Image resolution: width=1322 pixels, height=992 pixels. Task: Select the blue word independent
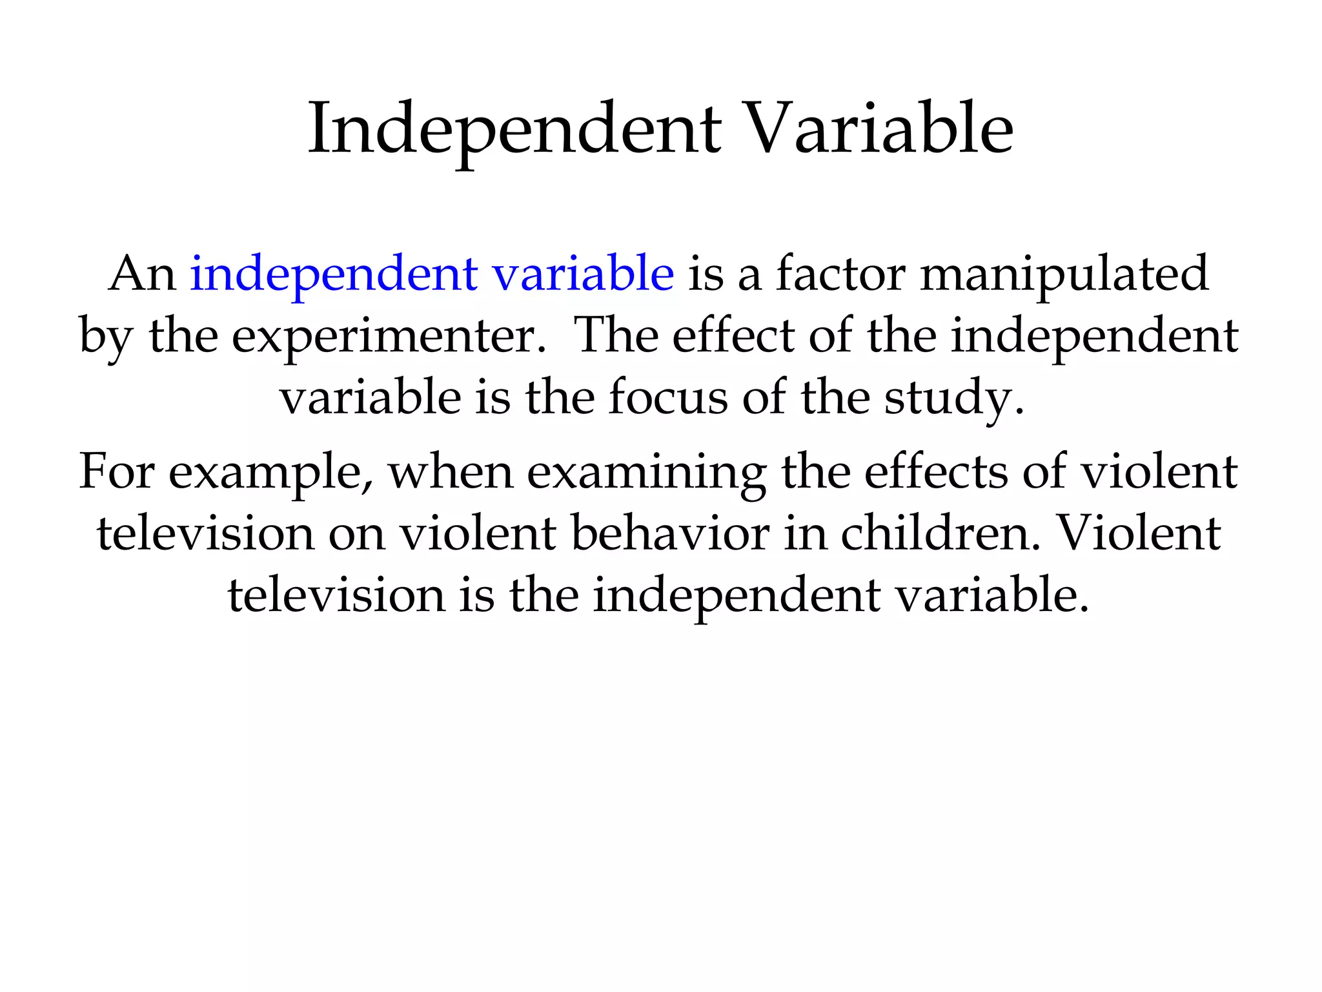click(334, 274)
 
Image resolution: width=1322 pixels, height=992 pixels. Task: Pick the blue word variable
click(584, 273)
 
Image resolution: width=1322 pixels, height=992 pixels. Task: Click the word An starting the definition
click(143, 274)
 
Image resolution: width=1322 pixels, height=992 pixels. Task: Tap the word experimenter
click(389, 337)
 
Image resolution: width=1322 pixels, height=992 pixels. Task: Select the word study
click(953, 399)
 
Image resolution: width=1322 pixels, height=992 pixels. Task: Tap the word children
click(941, 533)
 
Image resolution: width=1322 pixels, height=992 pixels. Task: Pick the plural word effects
click(935, 471)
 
